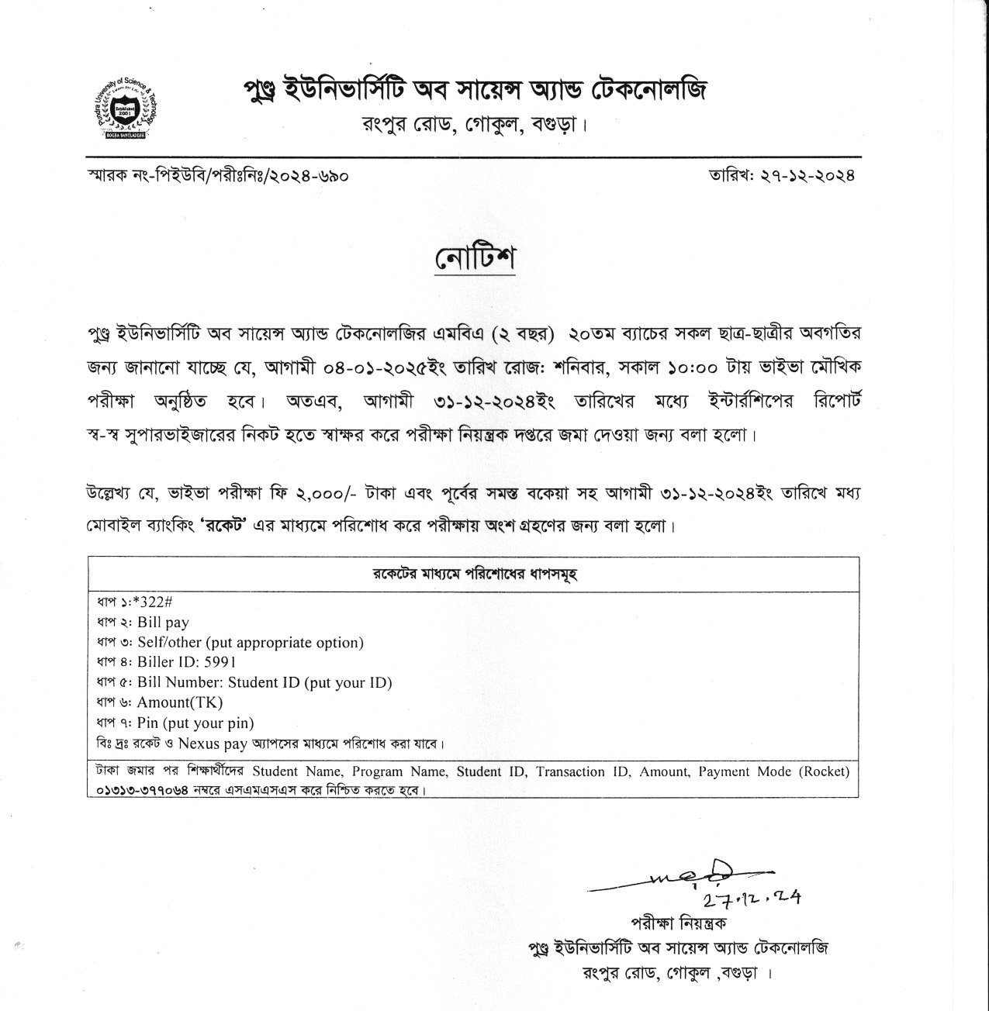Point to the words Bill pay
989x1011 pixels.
(x=163, y=623)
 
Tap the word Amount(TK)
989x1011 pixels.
(x=180, y=703)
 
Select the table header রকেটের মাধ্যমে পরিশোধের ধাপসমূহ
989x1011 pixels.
(x=473, y=575)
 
